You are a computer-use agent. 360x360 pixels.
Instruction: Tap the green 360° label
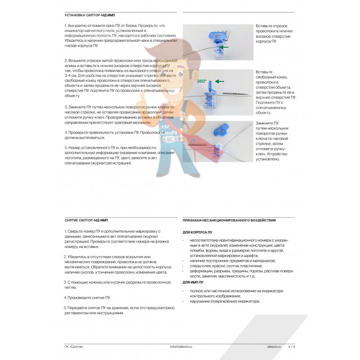point(202,81)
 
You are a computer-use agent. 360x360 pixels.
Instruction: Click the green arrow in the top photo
point(228,46)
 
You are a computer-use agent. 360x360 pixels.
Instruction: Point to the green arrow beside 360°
point(219,81)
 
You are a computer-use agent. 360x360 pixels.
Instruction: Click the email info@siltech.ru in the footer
point(181,347)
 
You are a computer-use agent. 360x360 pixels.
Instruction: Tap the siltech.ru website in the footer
point(271,347)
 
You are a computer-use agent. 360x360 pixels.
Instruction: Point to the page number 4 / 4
point(292,347)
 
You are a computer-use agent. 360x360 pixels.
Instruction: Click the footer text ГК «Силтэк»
point(74,347)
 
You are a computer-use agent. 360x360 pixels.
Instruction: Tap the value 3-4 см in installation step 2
point(72,76)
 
